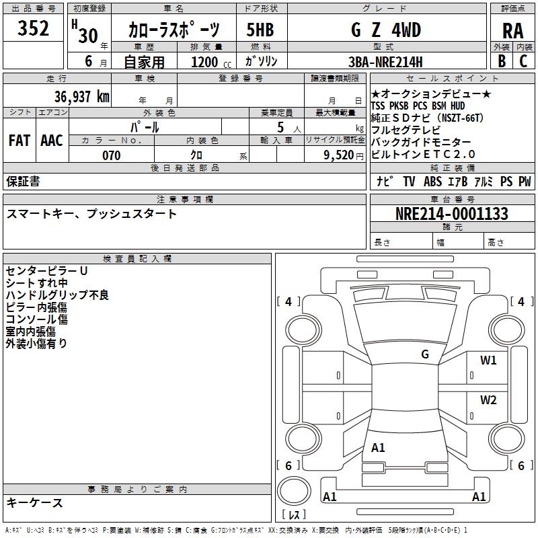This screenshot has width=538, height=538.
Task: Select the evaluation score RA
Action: point(512,31)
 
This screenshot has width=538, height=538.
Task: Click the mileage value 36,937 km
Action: point(80,97)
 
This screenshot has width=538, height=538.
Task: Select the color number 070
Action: point(111,156)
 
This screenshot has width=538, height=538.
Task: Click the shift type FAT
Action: point(20,141)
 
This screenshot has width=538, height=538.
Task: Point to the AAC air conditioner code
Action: point(52,141)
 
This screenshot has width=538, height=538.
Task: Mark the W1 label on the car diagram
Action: point(488,360)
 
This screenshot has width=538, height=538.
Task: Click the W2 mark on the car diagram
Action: point(488,401)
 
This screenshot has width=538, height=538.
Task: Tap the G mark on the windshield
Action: point(425,354)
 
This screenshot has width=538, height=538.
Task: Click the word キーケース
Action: point(35,502)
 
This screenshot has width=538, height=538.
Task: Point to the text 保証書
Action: point(23,181)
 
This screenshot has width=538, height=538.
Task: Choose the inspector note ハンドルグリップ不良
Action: point(57,295)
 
